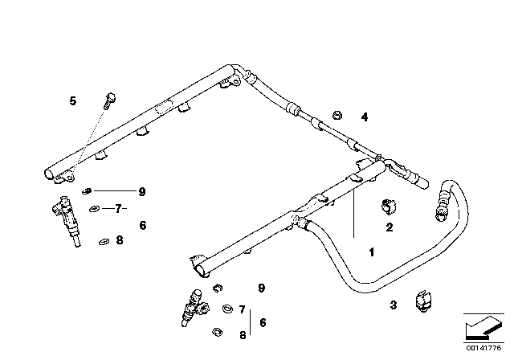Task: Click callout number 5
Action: (x=72, y=100)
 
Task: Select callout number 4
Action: (x=364, y=117)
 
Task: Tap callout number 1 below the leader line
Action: (x=371, y=252)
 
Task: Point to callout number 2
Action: (x=389, y=227)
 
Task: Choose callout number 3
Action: (x=393, y=305)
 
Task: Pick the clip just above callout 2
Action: (x=389, y=206)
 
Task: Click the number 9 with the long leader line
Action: (x=141, y=192)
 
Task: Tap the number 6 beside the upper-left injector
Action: (x=143, y=227)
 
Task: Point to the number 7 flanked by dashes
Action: (x=117, y=209)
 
